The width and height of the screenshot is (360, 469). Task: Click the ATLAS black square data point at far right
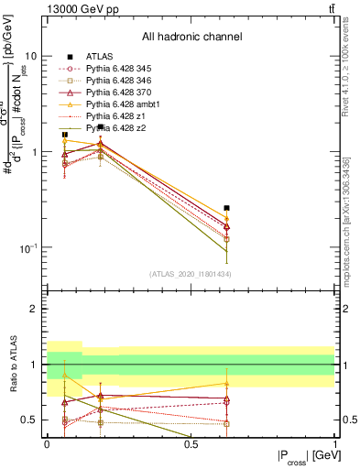(x=226, y=208)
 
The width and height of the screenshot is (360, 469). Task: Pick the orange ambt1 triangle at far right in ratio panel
(x=226, y=384)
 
